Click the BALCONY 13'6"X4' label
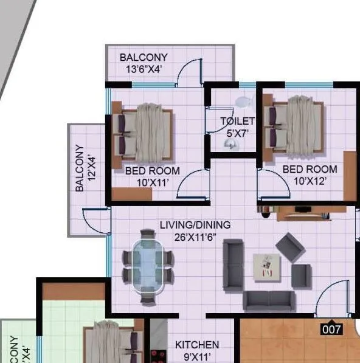pos(144,63)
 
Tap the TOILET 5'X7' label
pos(237,126)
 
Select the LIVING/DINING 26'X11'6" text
pos(195,230)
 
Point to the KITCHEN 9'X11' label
pos(196,350)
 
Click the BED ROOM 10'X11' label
pos(152,176)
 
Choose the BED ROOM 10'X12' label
pos(310,175)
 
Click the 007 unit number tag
pos(331,330)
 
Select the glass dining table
pos(147,266)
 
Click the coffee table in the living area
pos(266,267)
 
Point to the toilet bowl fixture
pos(243,100)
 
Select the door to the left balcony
pos(95,220)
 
